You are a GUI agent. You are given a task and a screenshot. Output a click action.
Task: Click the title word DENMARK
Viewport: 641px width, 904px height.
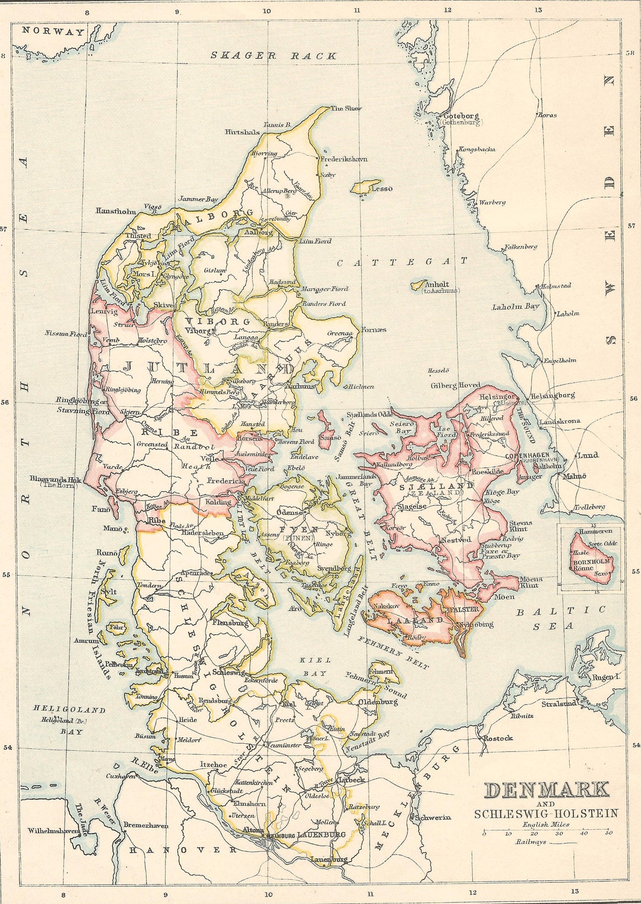click(x=547, y=790)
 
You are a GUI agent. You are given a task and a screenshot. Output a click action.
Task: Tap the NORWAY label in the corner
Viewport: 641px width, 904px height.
click(x=53, y=32)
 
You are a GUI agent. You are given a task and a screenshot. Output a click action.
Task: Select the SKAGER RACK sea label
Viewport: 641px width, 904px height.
click(x=274, y=56)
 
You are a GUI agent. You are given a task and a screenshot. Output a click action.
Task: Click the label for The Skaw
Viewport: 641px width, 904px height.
click(x=346, y=108)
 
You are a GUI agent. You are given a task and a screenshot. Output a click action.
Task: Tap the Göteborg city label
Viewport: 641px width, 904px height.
click(x=461, y=116)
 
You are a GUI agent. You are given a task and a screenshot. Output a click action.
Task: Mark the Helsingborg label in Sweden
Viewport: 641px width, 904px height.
click(x=553, y=396)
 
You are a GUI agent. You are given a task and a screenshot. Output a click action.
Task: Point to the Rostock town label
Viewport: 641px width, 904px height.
click(x=497, y=738)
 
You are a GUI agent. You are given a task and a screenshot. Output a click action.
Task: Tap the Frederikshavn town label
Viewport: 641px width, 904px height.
click(x=344, y=159)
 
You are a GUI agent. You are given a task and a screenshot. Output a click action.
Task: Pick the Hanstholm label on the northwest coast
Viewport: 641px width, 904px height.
click(x=116, y=211)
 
